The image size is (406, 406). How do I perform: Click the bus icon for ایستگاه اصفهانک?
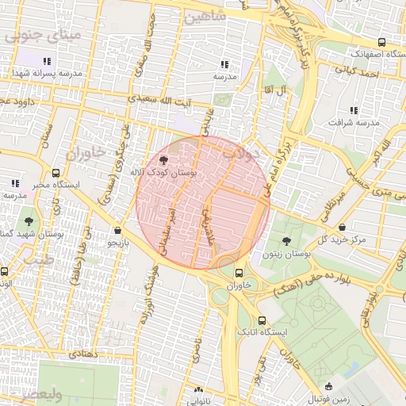(382, 42)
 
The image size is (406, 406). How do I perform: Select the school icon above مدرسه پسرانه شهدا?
(47, 61)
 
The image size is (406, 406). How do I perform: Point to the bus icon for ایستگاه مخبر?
(55, 172)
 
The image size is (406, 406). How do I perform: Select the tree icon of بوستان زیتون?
(285, 240)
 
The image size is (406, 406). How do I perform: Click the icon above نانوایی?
(197, 389)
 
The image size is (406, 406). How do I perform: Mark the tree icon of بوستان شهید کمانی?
(29, 221)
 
